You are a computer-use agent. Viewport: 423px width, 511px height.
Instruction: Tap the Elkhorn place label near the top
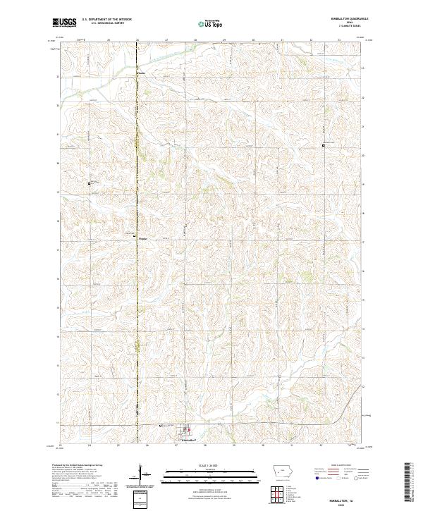click(141, 72)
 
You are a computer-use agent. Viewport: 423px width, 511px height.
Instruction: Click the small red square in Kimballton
click(188, 429)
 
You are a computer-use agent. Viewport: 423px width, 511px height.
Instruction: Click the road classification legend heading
click(338, 467)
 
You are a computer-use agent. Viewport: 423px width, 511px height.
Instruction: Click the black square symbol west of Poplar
click(90, 183)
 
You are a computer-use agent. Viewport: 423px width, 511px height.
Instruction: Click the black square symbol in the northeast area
click(324, 145)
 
